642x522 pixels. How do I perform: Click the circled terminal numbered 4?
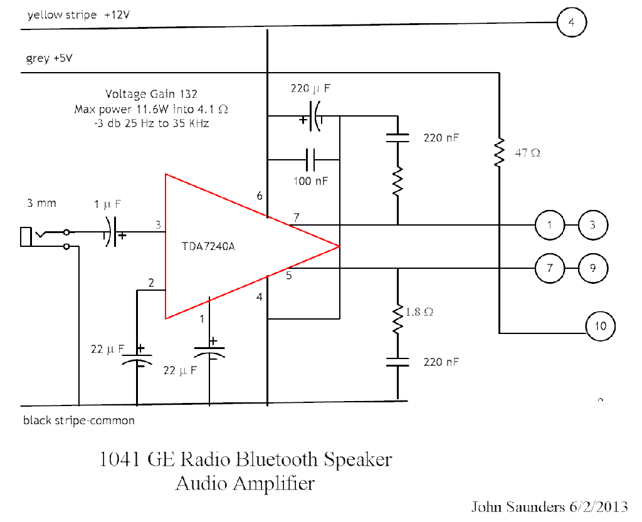[571, 23]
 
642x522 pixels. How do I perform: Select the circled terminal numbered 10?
[600, 326]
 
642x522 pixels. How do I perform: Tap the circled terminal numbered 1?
[550, 225]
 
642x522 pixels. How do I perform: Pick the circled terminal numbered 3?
[592, 225]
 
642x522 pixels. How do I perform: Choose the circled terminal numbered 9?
[592, 268]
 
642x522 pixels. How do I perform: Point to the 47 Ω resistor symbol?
[499, 152]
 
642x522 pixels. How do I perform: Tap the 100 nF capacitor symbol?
[311, 160]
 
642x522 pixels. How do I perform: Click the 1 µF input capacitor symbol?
[111, 232]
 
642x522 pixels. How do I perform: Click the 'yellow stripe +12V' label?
[79, 15]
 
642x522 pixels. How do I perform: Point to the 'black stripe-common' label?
[79, 420]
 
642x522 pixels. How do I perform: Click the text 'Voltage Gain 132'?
[151, 94]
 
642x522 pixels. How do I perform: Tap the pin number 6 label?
[260, 196]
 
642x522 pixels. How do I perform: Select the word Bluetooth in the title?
[278, 459]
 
